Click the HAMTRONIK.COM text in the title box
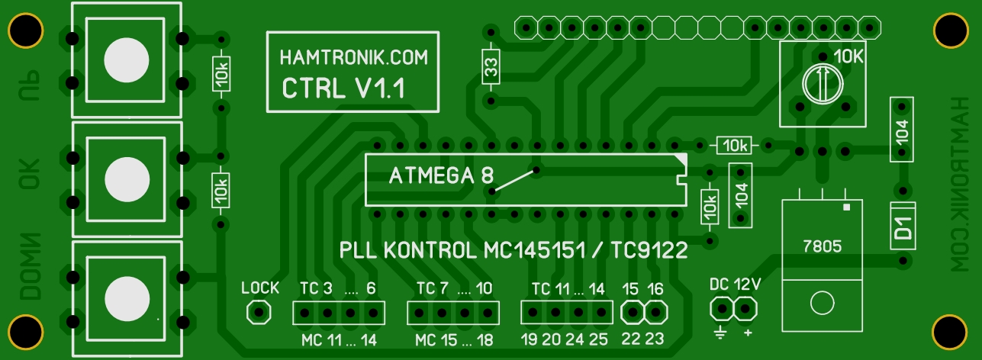point(354,57)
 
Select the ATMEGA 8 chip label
point(442,176)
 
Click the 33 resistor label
point(491,66)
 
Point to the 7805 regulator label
point(823,246)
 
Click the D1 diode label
point(903,227)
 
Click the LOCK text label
point(260,288)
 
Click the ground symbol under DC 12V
point(720,333)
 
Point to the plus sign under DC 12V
point(747,333)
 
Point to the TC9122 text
point(650,250)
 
